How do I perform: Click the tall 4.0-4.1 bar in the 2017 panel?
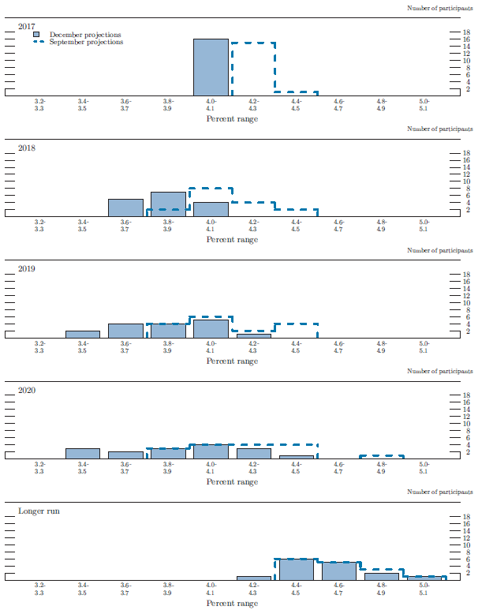click(211, 67)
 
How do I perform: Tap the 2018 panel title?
click(28, 148)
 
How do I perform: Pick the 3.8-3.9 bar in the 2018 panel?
click(168, 204)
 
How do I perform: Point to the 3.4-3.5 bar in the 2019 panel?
click(83, 335)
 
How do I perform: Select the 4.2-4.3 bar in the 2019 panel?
click(253, 336)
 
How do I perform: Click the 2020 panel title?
click(28, 391)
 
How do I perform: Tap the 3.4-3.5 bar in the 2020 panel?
click(83, 454)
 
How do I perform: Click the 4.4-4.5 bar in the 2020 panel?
click(296, 457)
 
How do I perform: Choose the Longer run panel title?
click(39, 511)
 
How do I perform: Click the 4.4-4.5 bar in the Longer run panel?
click(296, 569)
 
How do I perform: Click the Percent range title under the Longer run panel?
click(232, 603)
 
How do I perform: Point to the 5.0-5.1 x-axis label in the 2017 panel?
click(424, 105)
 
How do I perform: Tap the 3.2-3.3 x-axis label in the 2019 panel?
click(40, 347)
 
